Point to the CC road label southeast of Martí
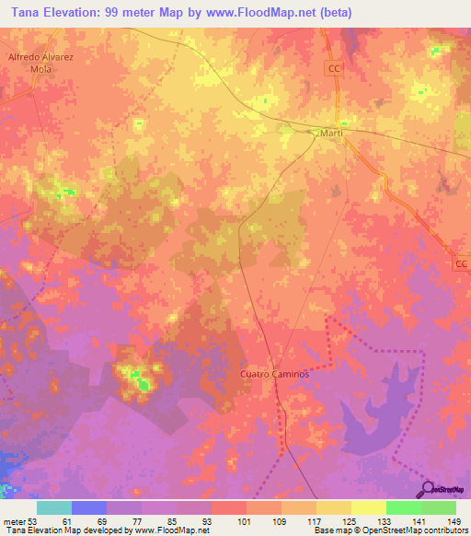(x=461, y=264)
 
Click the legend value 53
(x=32, y=520)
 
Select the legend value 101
(x=245, y=520)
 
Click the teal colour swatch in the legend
(x=54, y=507)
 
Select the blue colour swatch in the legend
(x=89, y=507)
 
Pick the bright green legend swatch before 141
(x=404, y=507)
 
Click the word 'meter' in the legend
(x=12, y=520)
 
